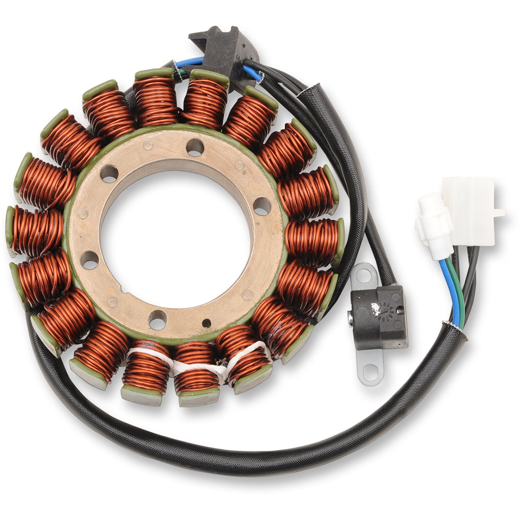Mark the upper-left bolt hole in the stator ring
[x=109, y=172]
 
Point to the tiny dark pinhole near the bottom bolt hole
[x=206, y=322]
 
